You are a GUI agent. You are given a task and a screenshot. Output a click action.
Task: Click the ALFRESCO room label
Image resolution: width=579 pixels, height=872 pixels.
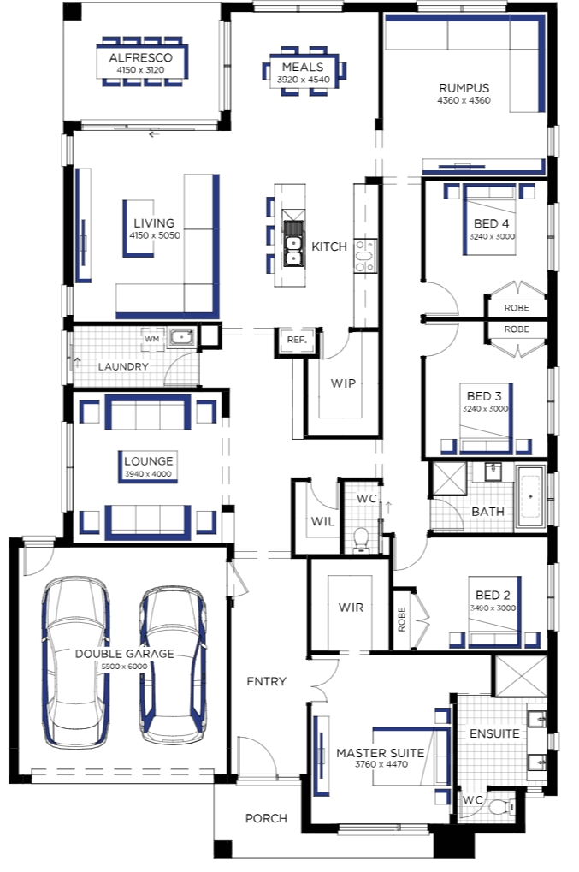140,58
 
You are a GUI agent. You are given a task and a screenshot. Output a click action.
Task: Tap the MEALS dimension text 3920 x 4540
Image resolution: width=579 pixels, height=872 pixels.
304,80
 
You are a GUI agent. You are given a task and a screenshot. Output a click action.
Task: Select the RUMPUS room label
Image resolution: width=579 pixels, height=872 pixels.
464,88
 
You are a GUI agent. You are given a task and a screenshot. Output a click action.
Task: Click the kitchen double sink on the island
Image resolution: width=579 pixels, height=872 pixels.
293,243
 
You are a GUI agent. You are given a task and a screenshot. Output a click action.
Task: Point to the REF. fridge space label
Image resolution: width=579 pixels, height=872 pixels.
297,340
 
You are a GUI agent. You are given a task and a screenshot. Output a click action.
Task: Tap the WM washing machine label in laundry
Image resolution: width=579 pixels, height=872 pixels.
151,339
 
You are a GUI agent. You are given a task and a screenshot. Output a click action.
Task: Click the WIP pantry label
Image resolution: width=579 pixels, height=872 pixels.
343,383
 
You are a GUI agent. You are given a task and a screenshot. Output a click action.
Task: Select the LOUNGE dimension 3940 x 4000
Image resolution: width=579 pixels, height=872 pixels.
148,474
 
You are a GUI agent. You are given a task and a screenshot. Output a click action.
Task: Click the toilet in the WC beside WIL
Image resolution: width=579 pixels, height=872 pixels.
361,540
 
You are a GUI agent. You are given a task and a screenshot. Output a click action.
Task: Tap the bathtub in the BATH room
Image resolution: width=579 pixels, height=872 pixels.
530,496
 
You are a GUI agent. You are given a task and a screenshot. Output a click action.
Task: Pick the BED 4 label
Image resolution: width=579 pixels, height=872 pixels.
491,223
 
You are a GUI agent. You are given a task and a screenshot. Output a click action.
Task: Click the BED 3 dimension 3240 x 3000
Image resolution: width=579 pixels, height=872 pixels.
485,409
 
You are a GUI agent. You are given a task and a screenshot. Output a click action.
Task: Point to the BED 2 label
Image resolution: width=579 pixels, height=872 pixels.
493,595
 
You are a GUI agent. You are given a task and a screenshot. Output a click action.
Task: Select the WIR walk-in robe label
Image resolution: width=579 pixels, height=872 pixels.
351,608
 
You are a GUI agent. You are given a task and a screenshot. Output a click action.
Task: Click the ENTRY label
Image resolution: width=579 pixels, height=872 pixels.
266,682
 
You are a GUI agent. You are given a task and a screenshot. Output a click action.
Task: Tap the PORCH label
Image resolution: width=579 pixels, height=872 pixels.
266,819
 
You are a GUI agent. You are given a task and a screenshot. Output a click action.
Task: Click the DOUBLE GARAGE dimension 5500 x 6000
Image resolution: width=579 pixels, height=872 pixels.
124,667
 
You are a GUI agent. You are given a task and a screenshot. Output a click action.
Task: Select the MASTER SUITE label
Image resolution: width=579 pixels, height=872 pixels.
380,753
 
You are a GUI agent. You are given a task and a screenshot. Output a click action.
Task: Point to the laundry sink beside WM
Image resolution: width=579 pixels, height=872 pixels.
181,337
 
